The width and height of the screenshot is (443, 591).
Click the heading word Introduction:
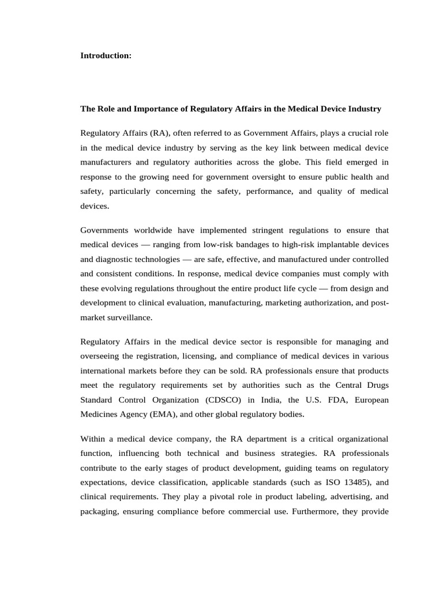point(106,56)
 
